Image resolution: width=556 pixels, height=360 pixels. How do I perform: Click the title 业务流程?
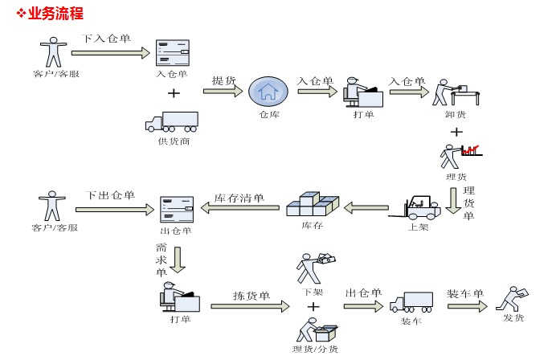pyautogui.click(x=55, y=14)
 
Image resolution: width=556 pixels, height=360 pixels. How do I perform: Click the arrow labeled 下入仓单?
pyautogui.click(x=110, y=53)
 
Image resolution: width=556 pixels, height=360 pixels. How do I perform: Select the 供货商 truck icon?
pyautogui.click(x=172, y=121)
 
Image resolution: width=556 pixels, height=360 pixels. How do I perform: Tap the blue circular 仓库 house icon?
pyautogui.click(x=268, y=92)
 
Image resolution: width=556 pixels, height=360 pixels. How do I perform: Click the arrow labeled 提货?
pyautogui.click(x=223, y=92)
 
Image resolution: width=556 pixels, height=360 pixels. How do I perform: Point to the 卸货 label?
pyautogui.click(x=456, y=114)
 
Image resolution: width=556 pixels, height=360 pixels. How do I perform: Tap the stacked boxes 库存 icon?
pyautogui.click(x=312, y=204)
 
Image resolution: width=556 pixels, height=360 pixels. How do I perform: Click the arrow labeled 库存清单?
pyautogui.click(x=239, y=208)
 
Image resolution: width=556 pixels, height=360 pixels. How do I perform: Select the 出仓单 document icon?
pyautogui.click(x=176, y=210)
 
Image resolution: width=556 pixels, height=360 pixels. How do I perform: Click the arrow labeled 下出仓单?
pyautogui.click(x=112, y=210)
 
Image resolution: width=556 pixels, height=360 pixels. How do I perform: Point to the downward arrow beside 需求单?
pyautogui.click(x=178, y=260)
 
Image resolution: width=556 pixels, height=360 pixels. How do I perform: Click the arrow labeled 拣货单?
pyautogui.click(x=249, y=306)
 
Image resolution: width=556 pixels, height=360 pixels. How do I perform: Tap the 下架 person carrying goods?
pyautogui.click(x=313, y=268)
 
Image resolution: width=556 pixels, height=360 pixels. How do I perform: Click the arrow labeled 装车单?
pyautogui.click(x=467, y=306)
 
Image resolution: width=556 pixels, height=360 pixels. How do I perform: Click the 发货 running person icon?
pyautogui.click(x=513, y=298)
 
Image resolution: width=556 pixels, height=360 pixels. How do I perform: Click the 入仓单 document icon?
pyautogui.click(x=172, y=53)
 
